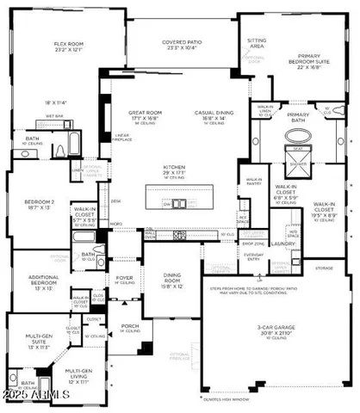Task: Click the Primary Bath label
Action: [298, 118]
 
